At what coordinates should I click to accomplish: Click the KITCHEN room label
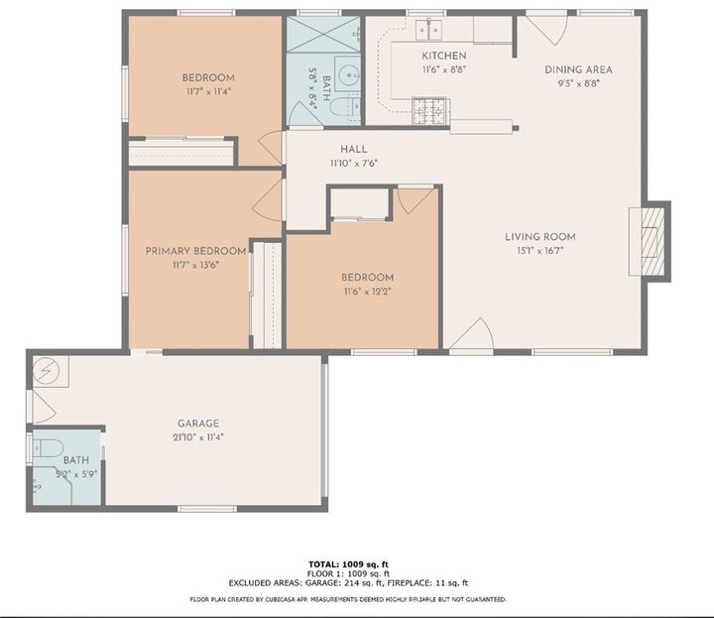click(443, 56)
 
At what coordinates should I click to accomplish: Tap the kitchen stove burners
click(429, 110)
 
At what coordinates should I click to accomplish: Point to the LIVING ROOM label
click(539, 237)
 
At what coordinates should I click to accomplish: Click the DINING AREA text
click(578, 69)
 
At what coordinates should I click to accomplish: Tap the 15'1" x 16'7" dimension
click(539, 252)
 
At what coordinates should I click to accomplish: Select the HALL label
click(354, 150)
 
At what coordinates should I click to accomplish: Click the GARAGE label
click(198, 424)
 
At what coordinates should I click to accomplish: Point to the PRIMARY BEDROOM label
click(195, 251)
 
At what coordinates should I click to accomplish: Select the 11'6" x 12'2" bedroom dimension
click(367, 292)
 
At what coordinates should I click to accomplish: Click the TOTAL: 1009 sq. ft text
click(348, 563)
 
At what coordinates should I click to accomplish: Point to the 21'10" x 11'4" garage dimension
click(198, 437)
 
